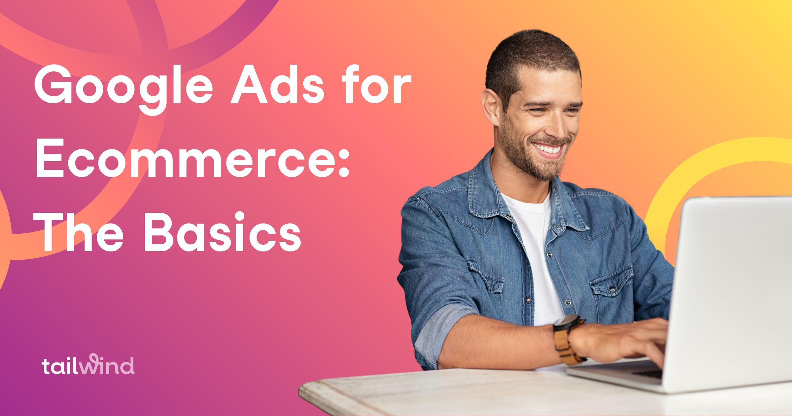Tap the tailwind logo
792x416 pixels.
pyautogui.click(x=88, y=365)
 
